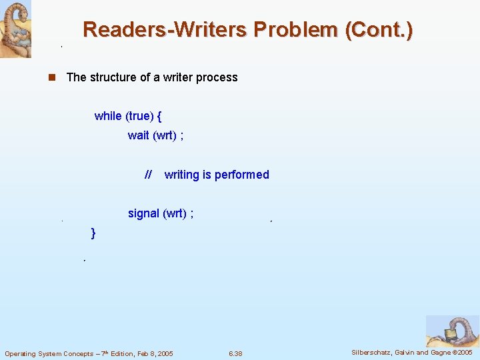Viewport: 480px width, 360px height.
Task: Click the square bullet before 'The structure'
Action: tap(50, 77)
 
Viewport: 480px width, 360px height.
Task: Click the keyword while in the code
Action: tap(108, 116)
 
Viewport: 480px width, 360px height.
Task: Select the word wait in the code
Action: tap(139, 135)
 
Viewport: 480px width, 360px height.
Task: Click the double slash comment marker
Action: tap(148, 175)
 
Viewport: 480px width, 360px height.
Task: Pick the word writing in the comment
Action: tap(182, 175)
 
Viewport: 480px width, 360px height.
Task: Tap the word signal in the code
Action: tap(143, 213)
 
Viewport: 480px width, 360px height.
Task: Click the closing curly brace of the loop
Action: tap(93, 233)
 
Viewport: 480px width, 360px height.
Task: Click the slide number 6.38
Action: tap(235, 353)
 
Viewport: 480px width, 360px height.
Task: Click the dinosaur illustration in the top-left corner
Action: tap(15, 29)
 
